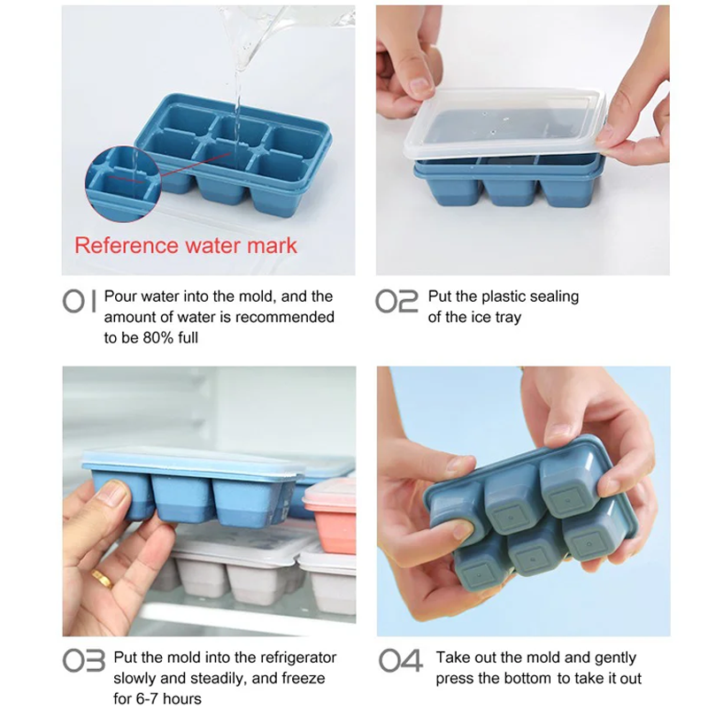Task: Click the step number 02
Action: pyautogui.click(x=396, y=301)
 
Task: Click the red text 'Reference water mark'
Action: pyautogui.click(x=186, y=245)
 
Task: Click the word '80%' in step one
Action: pyautogui.click(x=158, y=337)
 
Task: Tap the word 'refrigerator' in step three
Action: pyautogui.click(x=293, y=658)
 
